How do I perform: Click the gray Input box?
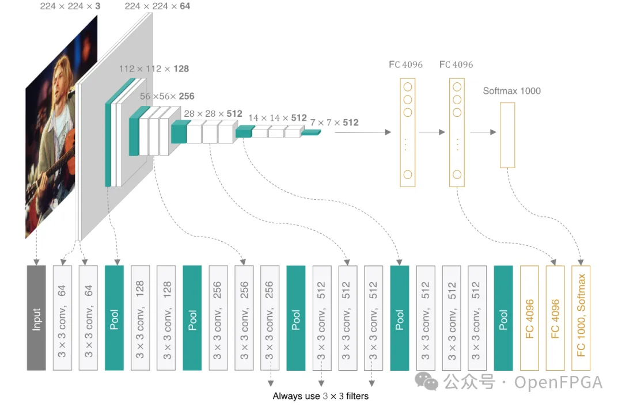(36, 318)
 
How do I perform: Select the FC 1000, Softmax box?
(581, 318)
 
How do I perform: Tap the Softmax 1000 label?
(512, 91)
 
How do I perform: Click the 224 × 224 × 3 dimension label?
(70, 6)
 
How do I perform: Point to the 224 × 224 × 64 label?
(157, 6)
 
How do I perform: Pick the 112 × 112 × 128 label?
(154, 69)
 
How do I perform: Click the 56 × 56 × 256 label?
(167, 96)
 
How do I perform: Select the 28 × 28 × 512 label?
(213, 113)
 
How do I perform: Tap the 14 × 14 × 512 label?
(278, 118)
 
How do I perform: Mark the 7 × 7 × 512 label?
(335, 123)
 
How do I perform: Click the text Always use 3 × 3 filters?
(321, 396)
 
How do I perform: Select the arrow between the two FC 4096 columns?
(432, 132)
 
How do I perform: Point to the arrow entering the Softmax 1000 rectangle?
(483, 132)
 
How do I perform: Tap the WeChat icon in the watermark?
(426, 381)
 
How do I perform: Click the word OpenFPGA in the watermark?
(559, 382)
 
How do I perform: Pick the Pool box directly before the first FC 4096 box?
(503, 318)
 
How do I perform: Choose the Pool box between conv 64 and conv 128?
(114, 318)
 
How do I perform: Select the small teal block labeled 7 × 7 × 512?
(310, 132)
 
